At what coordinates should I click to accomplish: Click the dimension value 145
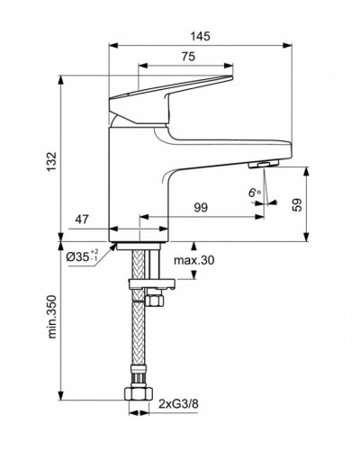[201, 36]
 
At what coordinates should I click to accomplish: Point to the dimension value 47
[82, 219]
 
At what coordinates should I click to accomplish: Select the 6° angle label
[254, 191]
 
